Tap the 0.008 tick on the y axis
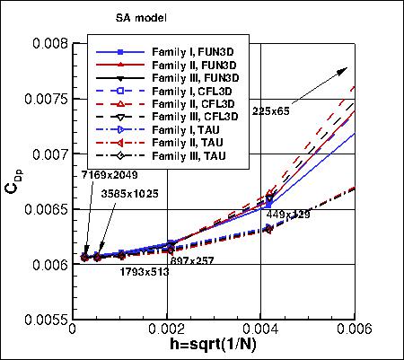point(48,43)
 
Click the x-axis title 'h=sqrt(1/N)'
point(219,347)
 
